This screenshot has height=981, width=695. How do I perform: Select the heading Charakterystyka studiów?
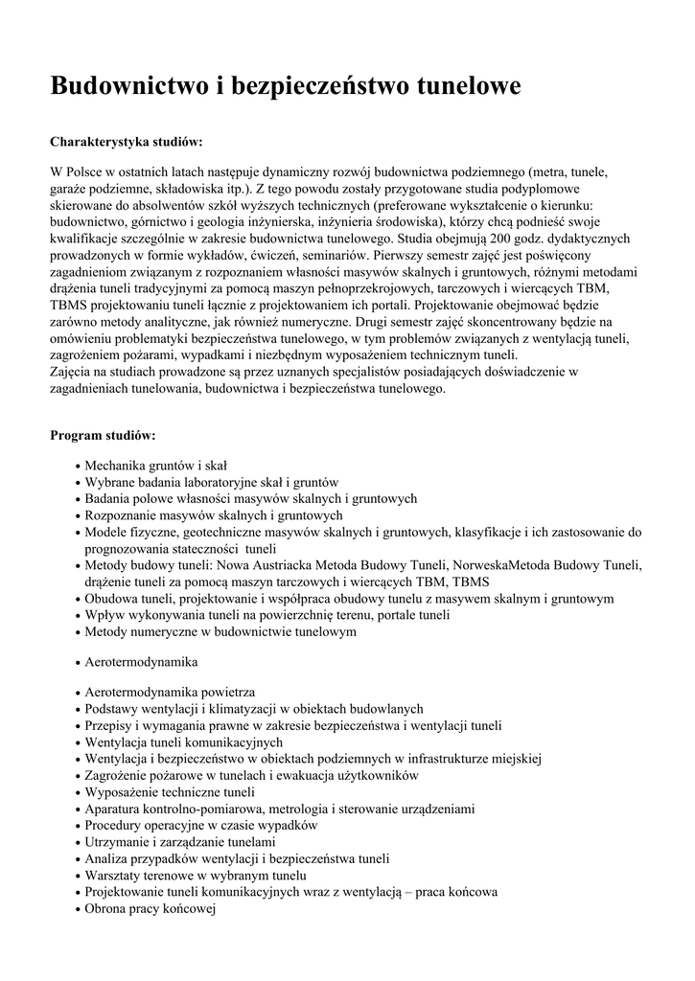126,142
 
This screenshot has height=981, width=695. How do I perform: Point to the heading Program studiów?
103,435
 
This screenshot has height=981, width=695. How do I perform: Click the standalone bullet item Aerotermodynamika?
140,662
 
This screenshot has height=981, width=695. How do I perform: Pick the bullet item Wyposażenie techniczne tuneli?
169,791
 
